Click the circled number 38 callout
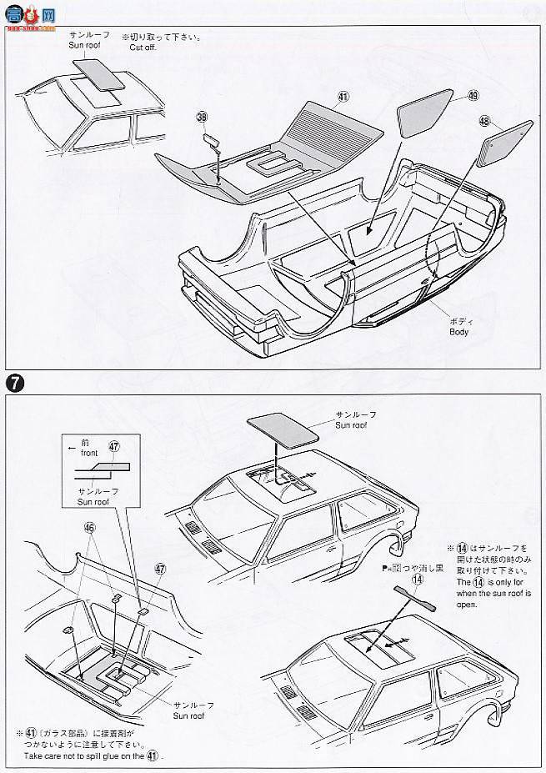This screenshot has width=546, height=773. [201, 118]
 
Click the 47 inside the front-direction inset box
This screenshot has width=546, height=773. [115, 447]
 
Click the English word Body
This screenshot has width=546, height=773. [458, 332]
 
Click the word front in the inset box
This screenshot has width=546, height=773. [91, 453]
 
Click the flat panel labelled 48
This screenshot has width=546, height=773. [504, 145]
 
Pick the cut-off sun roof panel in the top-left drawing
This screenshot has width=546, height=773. [95, 75]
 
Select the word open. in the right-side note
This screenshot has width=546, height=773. [467, 605]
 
